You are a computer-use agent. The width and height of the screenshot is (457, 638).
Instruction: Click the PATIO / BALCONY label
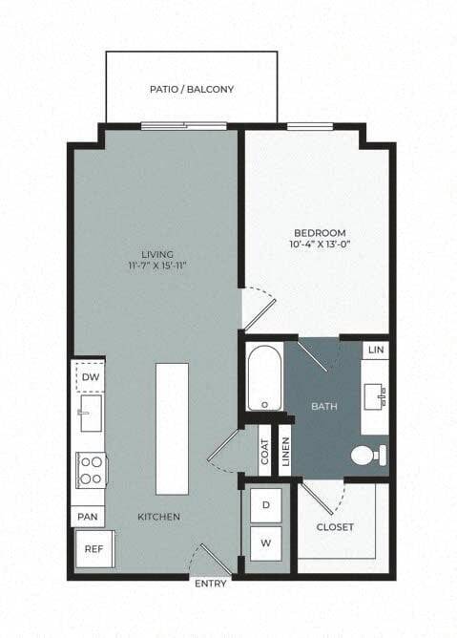[x=192, y=89]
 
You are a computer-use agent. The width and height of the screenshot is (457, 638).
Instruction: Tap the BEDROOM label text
[x=320, y=233]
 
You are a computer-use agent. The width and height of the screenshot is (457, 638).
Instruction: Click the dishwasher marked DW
[x=91, y=376]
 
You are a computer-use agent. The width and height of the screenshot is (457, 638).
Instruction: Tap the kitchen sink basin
[x=91, y=413]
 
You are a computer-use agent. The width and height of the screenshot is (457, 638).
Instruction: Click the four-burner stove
[x=91, y=470]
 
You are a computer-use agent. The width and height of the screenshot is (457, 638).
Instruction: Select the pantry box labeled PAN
[x=88, y=517]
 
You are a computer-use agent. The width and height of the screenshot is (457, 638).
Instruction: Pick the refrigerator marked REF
[x=93, y=549]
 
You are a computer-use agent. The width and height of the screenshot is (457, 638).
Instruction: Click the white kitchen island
[x=173, y=429]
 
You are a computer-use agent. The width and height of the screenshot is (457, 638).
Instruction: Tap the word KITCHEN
[x=158, y=517]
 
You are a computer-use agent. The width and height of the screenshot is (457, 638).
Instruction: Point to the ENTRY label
[x=211, y=584]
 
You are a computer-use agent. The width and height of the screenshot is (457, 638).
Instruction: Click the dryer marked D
[x=266, y=505]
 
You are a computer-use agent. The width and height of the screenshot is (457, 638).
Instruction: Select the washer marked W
[x=266, y=543]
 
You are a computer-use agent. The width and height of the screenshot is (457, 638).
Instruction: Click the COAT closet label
[x=264, y=452]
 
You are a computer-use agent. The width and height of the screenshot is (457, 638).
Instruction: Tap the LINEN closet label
[x=286, y=452]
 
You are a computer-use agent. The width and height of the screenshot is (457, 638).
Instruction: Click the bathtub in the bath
[x=264, y=377]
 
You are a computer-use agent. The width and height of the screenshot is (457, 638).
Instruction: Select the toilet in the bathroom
[x=368, y=455]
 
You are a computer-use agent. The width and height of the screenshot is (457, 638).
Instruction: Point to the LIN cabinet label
[x=376, y=350]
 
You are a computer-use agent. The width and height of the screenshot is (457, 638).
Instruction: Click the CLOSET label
[x=335, y=527]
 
